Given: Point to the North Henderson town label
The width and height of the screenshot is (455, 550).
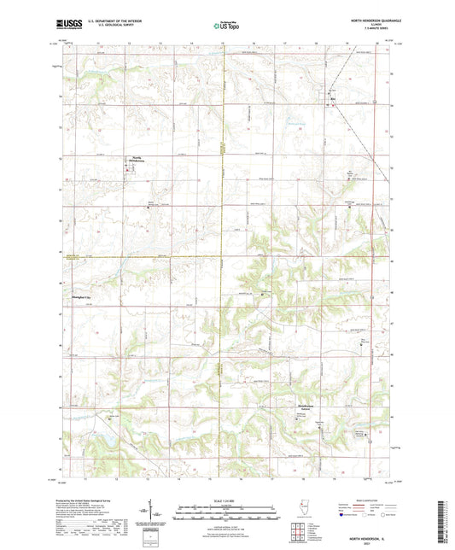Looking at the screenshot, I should click(x=137, y=158).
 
